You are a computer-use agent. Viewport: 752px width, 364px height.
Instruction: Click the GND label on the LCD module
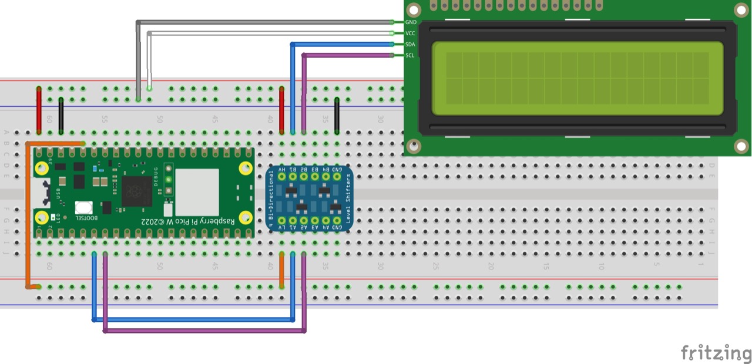(x=411, y=22)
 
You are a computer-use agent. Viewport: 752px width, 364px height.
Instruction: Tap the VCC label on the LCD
(x=411, y=33)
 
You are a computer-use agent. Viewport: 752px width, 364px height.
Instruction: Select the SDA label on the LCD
(x=411, y=44)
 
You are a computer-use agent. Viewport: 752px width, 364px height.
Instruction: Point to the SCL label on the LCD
(x=411, y=55)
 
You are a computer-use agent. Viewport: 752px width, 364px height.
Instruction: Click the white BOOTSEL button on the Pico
(x=83, y=208)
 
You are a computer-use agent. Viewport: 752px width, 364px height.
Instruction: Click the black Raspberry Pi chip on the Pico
(x=137, y=191)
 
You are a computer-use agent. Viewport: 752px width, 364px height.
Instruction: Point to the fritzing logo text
(x=716, y=353)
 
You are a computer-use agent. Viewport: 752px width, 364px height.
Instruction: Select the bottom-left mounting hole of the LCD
(x=414, y=146)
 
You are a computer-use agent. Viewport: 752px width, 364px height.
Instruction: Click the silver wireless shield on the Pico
(x=197, y=192)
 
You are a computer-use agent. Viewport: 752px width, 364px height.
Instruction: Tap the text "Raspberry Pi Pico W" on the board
(x=188, y=221)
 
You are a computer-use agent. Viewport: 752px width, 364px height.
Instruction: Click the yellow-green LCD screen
(x=578, y=78)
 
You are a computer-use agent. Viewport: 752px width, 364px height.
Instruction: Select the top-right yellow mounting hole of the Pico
(x=246, y=168)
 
